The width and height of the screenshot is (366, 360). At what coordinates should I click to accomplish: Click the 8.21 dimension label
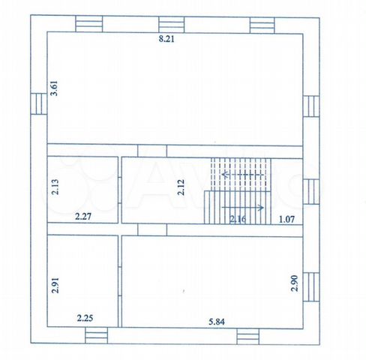point(166,39)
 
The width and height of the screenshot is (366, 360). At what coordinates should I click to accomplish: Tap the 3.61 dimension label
point(54,88)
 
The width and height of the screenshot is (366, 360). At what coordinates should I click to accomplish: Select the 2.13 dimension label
point(55,187)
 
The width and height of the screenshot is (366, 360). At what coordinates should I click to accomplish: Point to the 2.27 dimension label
point(83,216)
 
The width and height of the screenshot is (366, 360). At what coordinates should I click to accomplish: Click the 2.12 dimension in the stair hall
point(181,187)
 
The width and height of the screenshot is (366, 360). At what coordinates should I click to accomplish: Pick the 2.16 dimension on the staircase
point(238,219)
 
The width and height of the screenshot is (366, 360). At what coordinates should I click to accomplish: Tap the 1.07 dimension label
point(286,220)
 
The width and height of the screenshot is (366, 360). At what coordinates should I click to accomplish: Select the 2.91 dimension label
point(55,285)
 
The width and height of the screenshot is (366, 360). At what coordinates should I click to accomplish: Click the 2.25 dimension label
point(85,318)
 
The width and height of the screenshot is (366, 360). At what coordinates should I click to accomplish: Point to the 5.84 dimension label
point(217,322)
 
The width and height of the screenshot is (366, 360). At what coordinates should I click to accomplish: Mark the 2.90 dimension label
point(295,283)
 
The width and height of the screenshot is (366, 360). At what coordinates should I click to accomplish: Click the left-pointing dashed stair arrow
point(243,174)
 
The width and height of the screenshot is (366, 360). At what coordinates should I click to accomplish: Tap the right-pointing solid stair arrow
point(242,208)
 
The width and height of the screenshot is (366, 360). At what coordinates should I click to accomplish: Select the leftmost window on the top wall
point(89,24)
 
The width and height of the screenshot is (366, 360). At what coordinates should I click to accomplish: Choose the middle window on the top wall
point(172,25)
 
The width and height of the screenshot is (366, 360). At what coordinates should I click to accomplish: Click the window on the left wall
point(39,103)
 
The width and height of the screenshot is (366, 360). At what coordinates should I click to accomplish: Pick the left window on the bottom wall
point(97,335)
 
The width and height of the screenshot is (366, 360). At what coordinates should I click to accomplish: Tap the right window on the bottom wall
point(248,337)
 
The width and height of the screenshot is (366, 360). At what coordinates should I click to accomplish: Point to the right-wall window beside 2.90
point(311,287)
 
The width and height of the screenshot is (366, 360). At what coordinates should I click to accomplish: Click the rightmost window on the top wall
point(262,25)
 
